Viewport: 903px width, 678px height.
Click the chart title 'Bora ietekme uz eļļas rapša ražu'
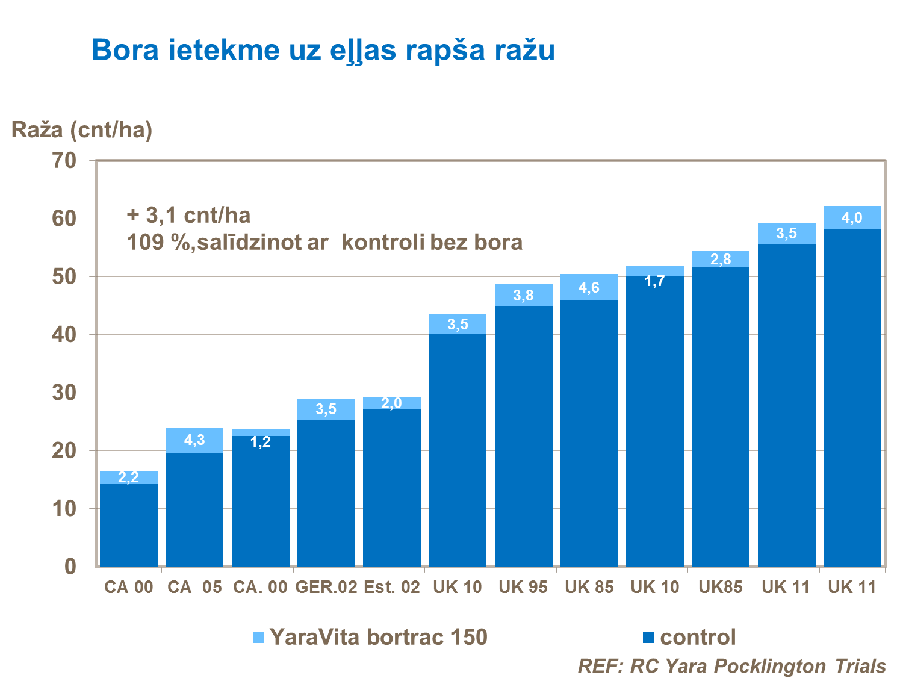pyautogui.click(x=323, y=50)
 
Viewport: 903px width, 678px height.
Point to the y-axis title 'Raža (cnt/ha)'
pyautogui.click(x=82, y=129)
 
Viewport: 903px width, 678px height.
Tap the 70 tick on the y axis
pyautogui.click(x=64, y=160)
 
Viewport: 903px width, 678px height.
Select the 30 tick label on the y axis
pyautogui.click(x=64, y=393)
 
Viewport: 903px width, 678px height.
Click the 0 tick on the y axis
pyautogui.click(x=70, y=567)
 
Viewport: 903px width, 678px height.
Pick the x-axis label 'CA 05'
pyautogui.click(x=194, y=587)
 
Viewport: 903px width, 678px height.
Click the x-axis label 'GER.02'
pyautogui.click(x=326, y=587)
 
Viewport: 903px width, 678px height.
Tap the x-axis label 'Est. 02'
pyautogui.click(x=392, y=587)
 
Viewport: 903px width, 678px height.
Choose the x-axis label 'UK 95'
pyautogui.click(x=523, y=587)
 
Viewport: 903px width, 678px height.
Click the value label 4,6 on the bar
pyautogui.click(x=589, y=288)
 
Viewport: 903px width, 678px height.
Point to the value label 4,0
pyautogui.click(x=852, y=218)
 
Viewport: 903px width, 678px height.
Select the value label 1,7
pyautogui.click(x=654, y=281)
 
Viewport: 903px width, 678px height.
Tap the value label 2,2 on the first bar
pyautogui.click(x=128, y=477)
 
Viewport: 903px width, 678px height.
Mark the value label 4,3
pyautogui.click(x=194, y=440)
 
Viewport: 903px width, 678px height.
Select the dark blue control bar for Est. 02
pyautogui.click(x=392, y=488)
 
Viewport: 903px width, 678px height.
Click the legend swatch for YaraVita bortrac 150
pyautogui.click(x=258, y=637)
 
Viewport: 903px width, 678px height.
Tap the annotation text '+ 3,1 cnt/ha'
pyautogui.click(x=188, y=215)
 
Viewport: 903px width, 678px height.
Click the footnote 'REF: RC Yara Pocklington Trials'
pyautogui.click(x=731, y=666)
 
